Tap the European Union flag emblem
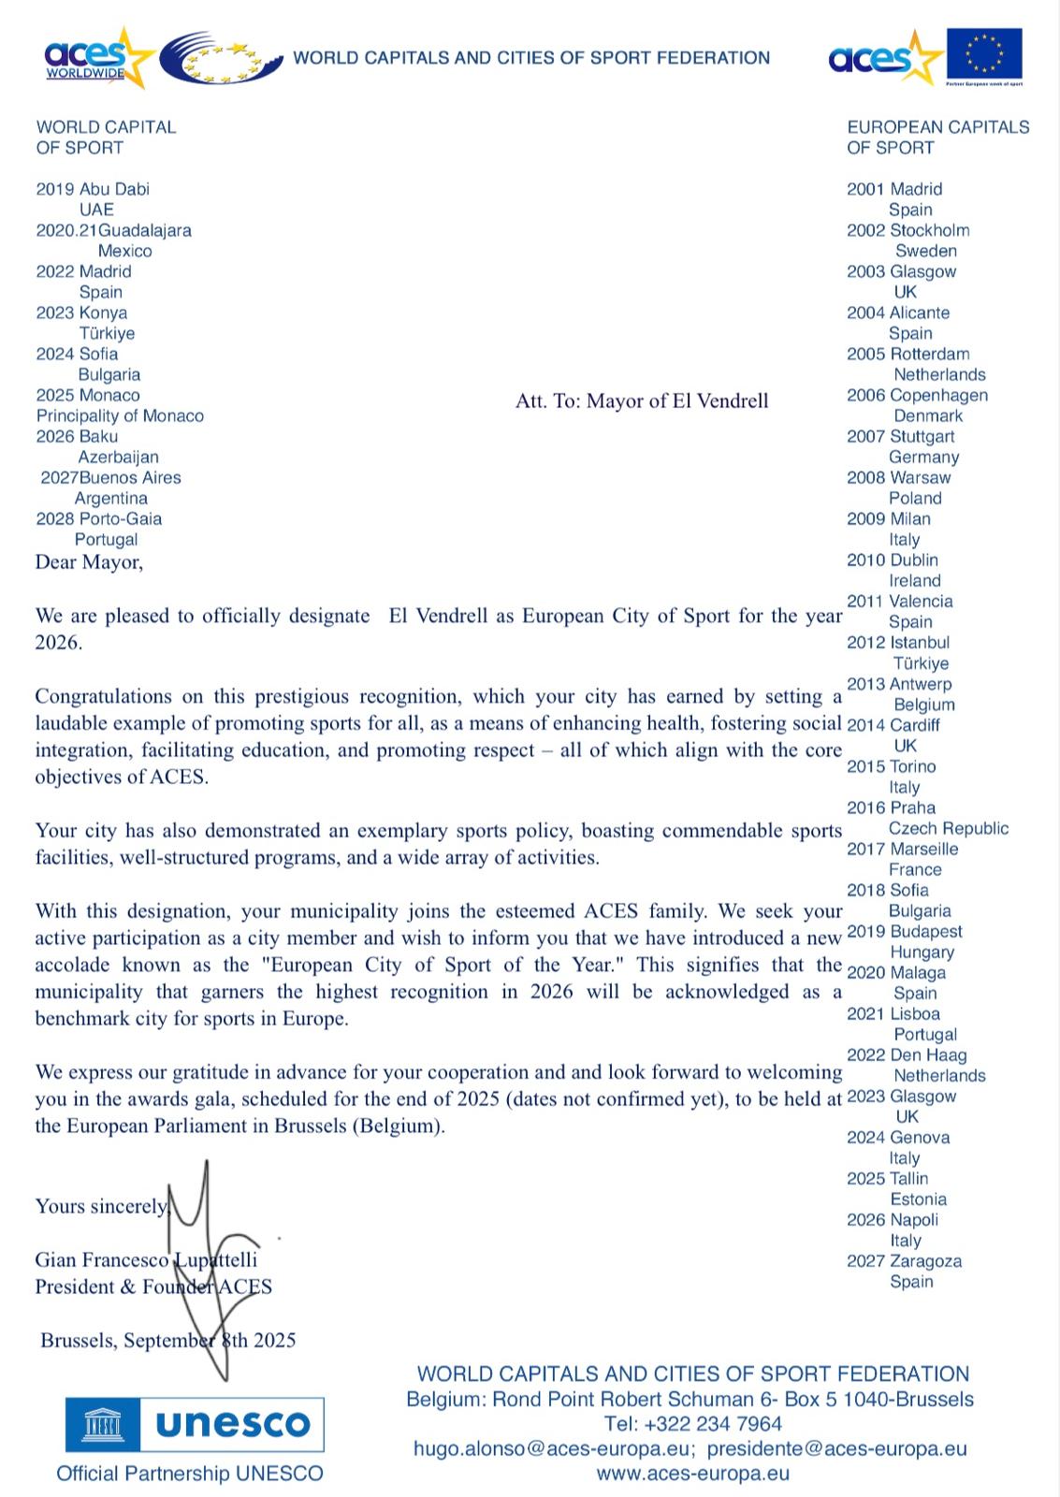(x=983, y=54)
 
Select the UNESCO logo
(x=195, y=1425)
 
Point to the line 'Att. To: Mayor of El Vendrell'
(x=642, y=401)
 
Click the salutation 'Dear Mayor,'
(x=89, y=561)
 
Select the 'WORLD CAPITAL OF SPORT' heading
(x=106, y=138)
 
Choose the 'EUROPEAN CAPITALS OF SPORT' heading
(x=937, y=138)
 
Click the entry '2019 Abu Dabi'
(x=93, y=189)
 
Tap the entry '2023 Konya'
(x=81, y=312)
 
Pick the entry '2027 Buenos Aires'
(x=110, y=477)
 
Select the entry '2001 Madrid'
(x=894, y=189)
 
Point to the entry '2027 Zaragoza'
(x=904, y=1261)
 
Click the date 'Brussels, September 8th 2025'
(x=168, y=1340)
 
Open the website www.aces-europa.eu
(x=693, y=1474)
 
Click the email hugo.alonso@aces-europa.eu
(x=554, y=1449)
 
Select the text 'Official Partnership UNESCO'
(x=190, y=1474)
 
